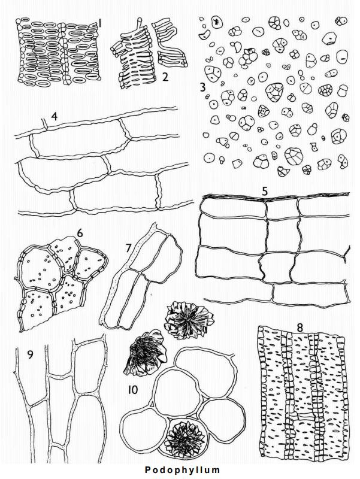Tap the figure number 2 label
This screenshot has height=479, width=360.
[x=165, y=77]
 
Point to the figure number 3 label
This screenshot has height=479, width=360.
[x=202, y=87]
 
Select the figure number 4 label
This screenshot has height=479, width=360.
[x=55, y=117]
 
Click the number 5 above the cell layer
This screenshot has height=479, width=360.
[x=265, y=191]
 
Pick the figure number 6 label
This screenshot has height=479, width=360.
[x=80, y=233]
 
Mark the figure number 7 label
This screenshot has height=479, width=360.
[x=128, y=248]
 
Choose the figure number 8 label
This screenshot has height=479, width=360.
[x=300, y=328]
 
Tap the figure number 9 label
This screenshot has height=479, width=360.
[x=30, y=354]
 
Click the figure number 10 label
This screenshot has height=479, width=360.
[x=133, y=390]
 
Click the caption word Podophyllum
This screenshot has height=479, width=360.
[x=182, y=470]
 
